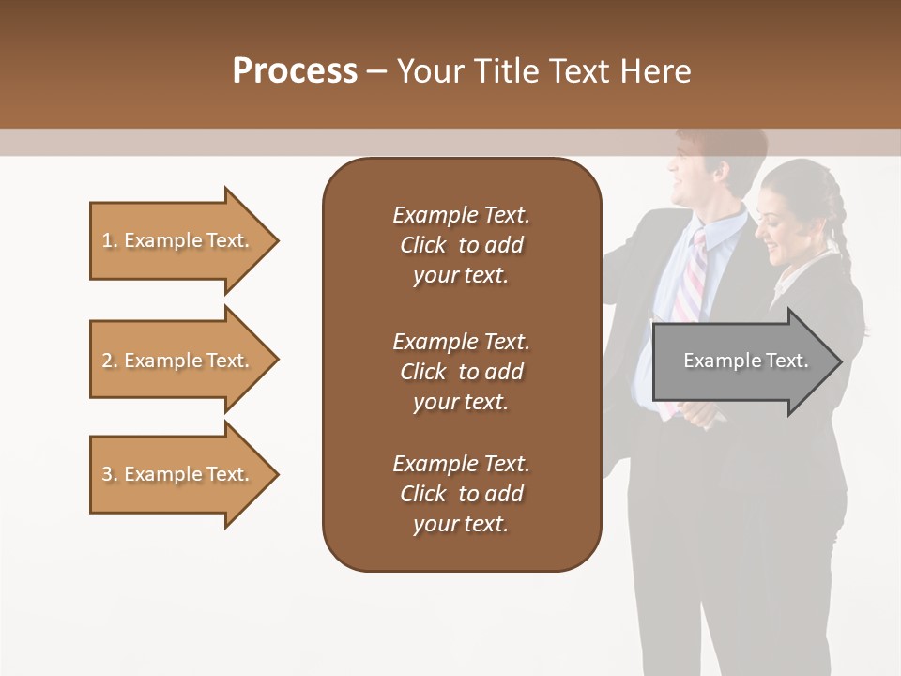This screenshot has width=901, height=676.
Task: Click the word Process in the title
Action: [x=295, y=71]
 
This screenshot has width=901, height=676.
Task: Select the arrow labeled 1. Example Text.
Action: [x=178, y=240]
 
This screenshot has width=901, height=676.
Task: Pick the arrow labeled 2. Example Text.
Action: [x=178, y=361]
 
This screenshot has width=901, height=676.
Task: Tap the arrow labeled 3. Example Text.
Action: [x=178, y=474]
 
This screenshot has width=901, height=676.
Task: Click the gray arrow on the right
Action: [x=741, y=361]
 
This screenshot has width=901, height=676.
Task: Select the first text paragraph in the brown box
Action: [x=461, y=245]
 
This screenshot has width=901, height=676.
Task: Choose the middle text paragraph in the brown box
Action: [x=461, y=372]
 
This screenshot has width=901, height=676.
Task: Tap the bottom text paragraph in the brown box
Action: [x=461, y=494]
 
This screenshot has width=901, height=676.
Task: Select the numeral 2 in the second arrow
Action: [x=107, y=361]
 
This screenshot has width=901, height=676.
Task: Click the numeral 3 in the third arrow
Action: [x=107, y=474]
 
